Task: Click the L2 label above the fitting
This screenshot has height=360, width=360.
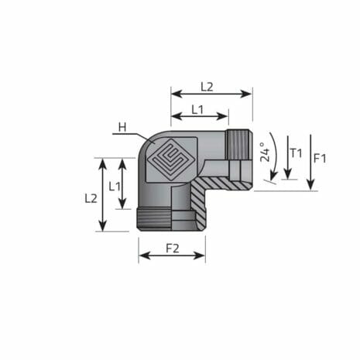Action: pos(207,87)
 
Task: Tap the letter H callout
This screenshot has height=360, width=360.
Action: pos(122,127)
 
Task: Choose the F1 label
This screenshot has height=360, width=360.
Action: pos(320,158)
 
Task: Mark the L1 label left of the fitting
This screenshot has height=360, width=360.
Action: pos(114,186)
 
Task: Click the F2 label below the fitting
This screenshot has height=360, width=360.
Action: pos(172,249)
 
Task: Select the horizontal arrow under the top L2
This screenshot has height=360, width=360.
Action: pos(211,94)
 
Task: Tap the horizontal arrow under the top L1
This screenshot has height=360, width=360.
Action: pos(200,118)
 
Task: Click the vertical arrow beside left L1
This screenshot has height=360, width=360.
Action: pos(122,183)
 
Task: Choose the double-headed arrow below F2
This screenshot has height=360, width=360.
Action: pos(172,256)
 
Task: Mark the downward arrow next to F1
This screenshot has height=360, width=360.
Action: pos(310,162)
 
